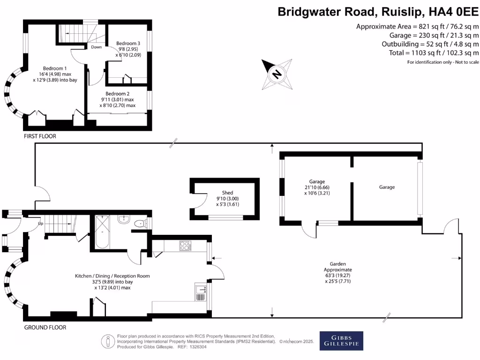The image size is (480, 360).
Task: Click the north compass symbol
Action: click(x=277, y=74)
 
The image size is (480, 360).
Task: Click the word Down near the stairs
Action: click(x=97, y=47)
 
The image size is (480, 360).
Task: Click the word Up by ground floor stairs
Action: click(x=41, y=224)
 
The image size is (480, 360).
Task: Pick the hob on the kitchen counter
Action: click(x=184, y=245)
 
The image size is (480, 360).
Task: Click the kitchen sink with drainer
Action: click(x=201, y=293)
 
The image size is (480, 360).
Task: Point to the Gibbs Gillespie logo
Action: click(x=341, y=341)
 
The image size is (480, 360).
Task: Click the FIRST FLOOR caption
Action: click(x=40, y=136)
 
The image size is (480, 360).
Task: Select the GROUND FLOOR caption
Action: click(x=45, y=327)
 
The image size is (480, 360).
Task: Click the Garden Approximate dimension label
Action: click(x=337, y=272)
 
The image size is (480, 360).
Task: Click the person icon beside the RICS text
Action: click(x=109, y=341)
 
